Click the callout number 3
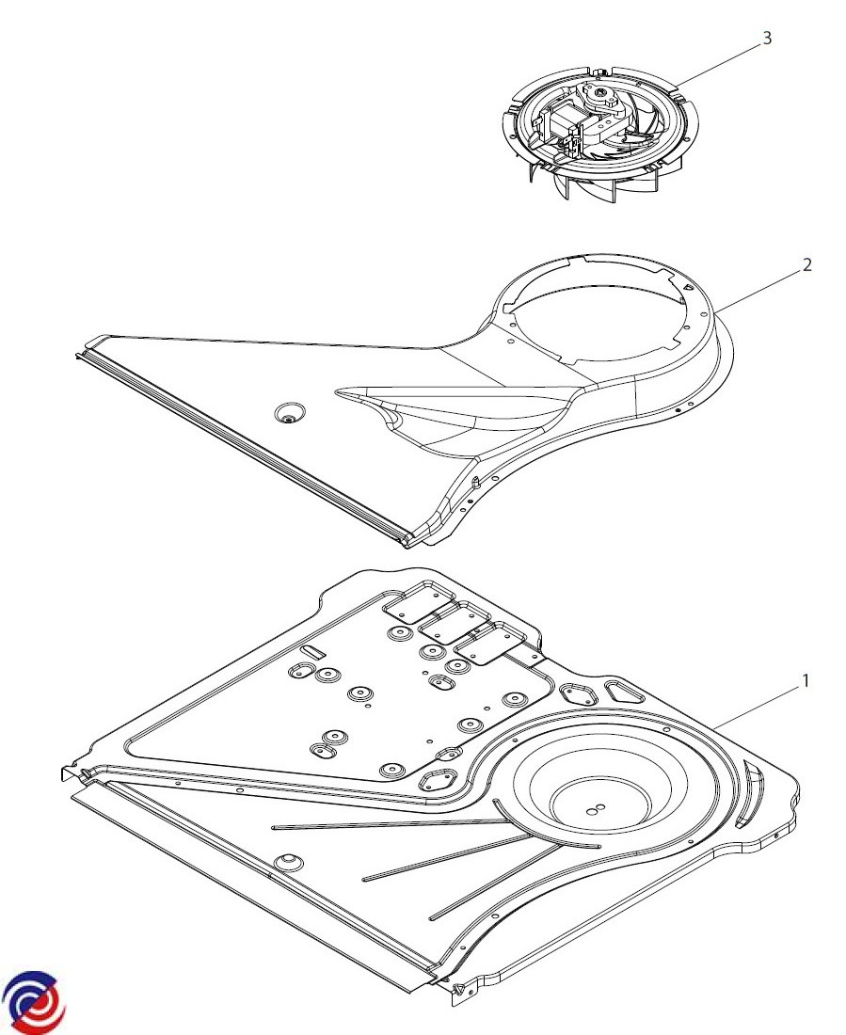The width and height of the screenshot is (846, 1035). click(x=767, y=39)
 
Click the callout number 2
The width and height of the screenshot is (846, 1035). click(x=806, y=264)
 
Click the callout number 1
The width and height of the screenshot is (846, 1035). click(x=805, y=680)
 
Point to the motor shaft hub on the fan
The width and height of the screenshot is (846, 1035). click(x=600, y=95)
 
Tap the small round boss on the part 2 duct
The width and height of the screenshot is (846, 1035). click(x=287, y=414)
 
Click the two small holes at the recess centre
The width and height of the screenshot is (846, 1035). click(x=596, y=807)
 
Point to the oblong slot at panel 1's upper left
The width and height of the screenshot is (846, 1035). click(x=311, y=651)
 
